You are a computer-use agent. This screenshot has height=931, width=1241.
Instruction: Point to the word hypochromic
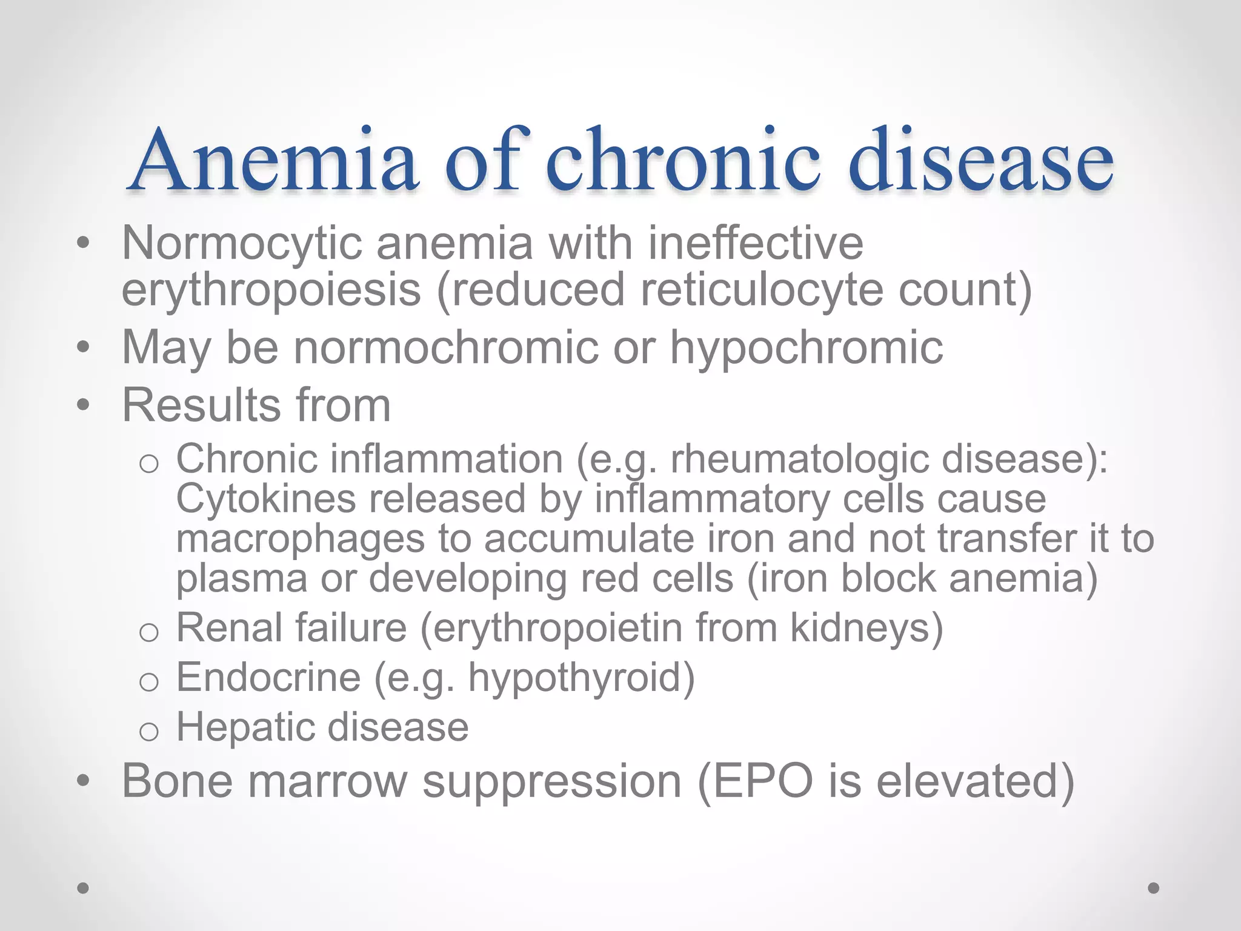(806, 348)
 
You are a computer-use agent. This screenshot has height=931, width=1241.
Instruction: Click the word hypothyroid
(581, 678)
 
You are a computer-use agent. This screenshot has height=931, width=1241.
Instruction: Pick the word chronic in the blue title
(682, 161)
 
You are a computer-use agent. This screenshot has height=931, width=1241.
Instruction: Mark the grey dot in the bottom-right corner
(1154, 888)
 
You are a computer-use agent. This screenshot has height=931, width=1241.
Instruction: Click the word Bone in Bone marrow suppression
(178, 781)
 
